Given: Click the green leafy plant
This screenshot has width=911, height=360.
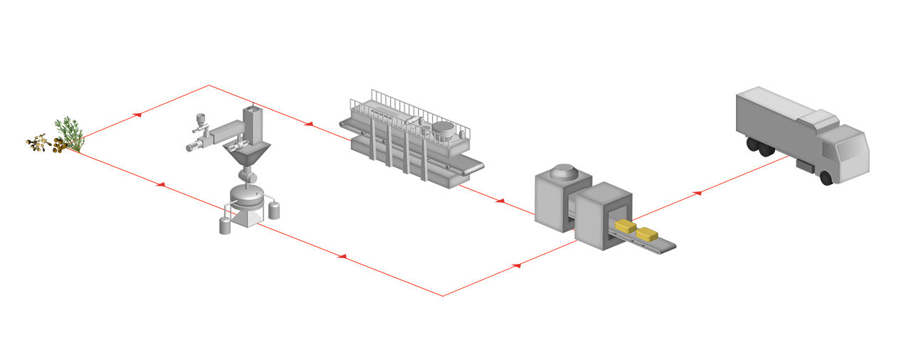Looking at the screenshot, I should tap(70, 134).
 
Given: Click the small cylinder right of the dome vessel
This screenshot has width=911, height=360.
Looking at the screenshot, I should tap(273, 213).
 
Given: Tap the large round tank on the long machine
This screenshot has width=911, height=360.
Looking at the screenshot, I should tap(445, 130).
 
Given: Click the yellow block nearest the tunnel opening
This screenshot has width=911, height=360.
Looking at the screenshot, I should tap(624, 226).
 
